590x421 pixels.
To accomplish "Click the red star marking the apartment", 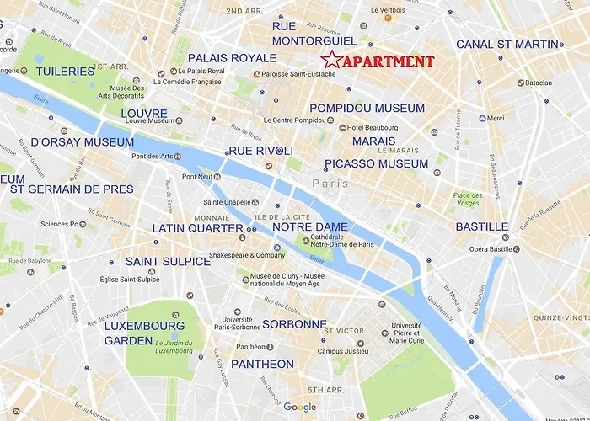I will coord(331,61).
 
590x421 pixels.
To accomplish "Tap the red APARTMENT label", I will coord(389,61).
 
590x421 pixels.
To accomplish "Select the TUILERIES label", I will coord(65,72).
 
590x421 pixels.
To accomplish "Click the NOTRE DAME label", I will coord(310,227).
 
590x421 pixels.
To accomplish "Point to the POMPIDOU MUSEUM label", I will coord(367,109).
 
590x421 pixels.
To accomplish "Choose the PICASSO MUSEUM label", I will coord(377,163).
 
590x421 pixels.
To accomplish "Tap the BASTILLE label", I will coord(481,226).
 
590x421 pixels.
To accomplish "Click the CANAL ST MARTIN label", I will coord(507,44).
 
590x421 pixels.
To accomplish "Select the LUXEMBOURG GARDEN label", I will coord(144,332).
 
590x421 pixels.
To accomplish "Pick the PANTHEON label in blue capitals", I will coord(261,365).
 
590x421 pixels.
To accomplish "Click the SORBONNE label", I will coord(294,324).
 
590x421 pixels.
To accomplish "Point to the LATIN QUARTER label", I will coord(198,228).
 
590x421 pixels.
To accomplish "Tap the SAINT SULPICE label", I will coord(168,262).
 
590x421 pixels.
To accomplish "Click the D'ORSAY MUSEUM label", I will coord(82,142).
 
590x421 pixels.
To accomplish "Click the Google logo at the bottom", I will coord(299,408).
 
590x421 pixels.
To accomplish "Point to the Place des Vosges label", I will coord(466,199).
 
